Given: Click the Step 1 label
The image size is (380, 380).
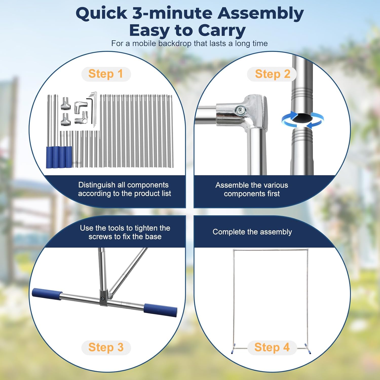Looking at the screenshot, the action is [106, 74].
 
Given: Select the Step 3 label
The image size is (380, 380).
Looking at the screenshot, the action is [106, 347].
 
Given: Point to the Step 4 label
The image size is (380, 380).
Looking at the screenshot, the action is [272, 347].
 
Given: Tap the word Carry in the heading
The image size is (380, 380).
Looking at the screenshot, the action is [222, 30].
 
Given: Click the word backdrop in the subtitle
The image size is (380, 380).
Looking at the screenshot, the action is [175, 44].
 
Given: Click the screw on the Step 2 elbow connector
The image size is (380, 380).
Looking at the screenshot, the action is [240, 110].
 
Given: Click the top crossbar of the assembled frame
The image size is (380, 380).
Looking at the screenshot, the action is [271, 250].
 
